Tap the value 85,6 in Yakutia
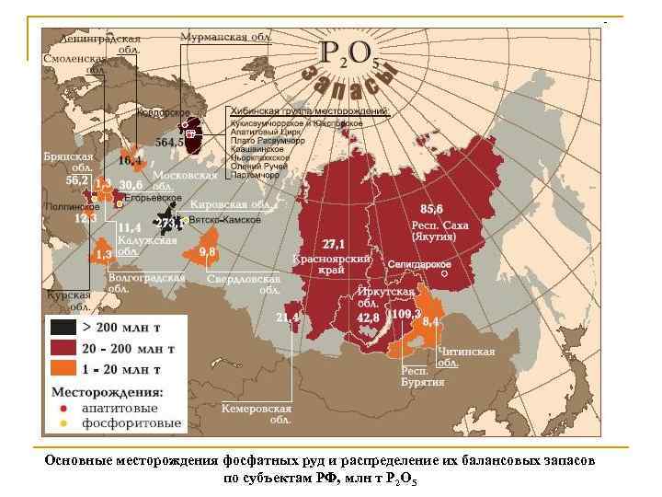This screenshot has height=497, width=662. pyautogui.click(x=431, y=208)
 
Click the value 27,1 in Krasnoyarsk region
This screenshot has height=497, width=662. pyautogui.click(x=334, y=244)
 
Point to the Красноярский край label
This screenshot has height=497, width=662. pyautogui.click(x=332, y=264)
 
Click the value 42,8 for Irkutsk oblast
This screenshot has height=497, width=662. pyautogui.click(x=368, y=317)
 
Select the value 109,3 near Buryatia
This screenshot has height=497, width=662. pyautogui.click(x=405, y=314)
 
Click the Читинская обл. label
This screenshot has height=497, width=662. pyautogui.click(x=466, y=356)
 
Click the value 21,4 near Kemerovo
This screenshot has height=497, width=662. pyautogui.click(x=288, y=318)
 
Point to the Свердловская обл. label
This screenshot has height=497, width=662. pyautogui.click(x=244, y=283)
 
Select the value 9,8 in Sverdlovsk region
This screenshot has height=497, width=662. pyautogui.click(x=207, y=250)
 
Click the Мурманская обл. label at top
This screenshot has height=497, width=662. pyautogui.click(x=225, y=37)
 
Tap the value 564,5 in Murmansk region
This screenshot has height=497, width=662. pyautogui.click(x=170, y=143)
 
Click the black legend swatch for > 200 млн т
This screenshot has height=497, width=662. pyautogui.click(x=63, y=327)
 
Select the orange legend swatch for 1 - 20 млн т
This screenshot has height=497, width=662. pyautogui.click(x=63, y=369)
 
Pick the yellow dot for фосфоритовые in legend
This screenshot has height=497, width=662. pyautogui.click(x=62, y=424)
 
